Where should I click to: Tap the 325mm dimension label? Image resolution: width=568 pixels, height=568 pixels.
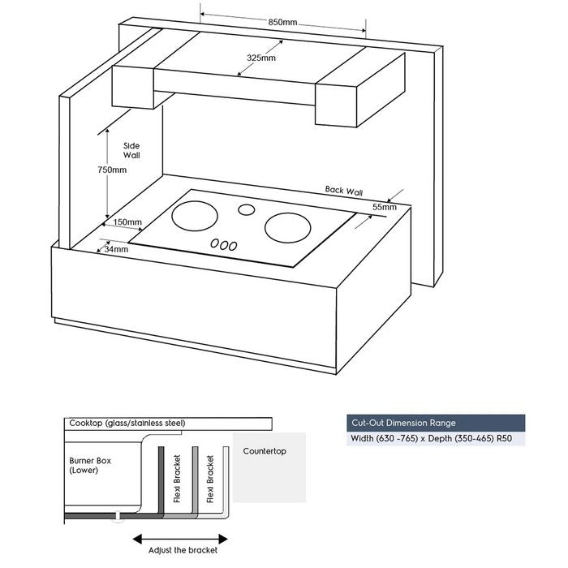coord(261,58)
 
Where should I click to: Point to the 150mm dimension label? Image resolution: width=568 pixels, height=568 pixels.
coord(127,222)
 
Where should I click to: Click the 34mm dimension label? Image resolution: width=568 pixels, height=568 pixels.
coord(116,249)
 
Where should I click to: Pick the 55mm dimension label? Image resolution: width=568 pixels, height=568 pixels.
coord(384,208)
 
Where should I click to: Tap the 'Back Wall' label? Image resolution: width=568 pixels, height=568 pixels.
coord(344,191)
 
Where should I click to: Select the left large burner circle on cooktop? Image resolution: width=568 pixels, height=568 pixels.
coord(196,217)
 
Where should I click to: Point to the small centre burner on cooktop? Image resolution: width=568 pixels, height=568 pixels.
coord(245,210)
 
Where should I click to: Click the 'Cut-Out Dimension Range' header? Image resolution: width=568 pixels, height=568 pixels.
coord(403,423)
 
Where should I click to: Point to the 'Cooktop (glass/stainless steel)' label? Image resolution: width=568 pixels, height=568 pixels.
coord(127,423)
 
